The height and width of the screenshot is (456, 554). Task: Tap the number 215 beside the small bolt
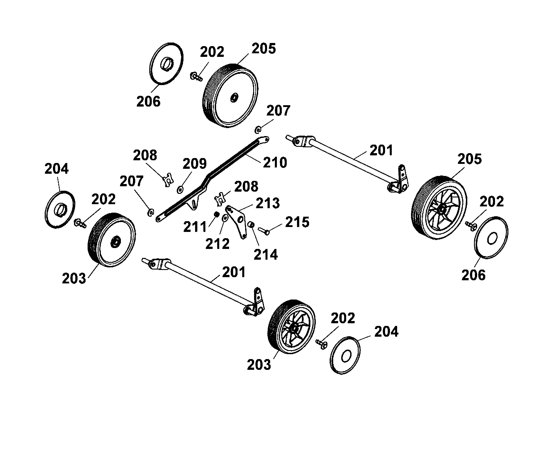[x=297, y=222]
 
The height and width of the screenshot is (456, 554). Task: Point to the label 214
[x=265, y=255]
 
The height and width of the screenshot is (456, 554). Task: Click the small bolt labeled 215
[x=264, y=231]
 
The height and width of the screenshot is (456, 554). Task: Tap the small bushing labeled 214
[x=251, y=224]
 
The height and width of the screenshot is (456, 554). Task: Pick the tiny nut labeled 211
[x=217, y=214]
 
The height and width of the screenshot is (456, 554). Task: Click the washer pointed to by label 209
[x=180, y=189]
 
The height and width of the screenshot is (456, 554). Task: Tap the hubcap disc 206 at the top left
[x=166, y=64]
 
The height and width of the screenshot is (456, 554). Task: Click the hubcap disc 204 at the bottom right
[x=345, y=356]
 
